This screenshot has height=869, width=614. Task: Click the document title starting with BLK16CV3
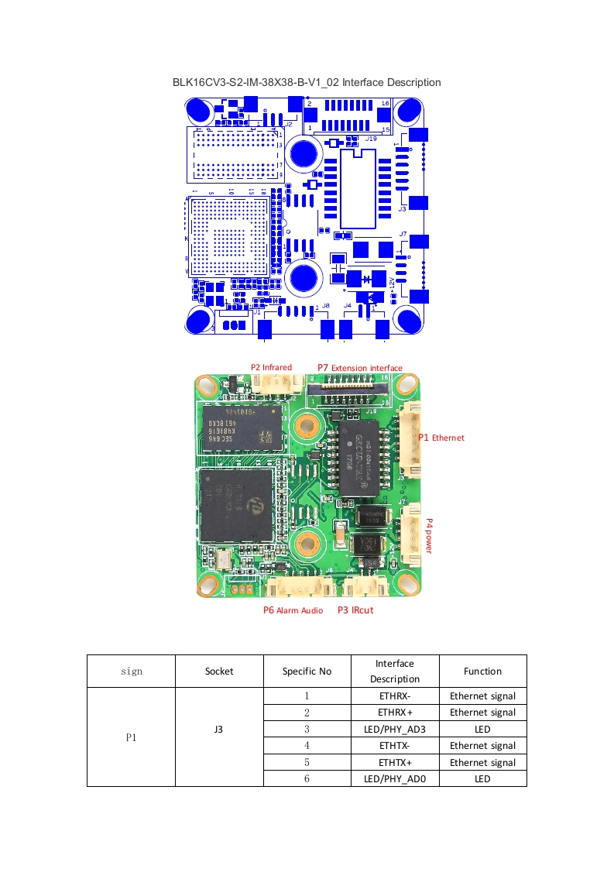coord(307,82)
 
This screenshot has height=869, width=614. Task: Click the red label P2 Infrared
coord(271,367)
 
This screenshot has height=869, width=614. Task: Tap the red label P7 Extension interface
coord(360,367)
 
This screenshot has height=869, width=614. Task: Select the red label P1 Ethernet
coord(441,438)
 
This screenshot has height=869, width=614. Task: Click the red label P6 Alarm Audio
coord(293,610)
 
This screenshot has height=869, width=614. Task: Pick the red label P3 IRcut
coord(355,610)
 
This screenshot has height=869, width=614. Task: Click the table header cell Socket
coord(219,671)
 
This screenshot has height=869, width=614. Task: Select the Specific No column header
coord(307,671)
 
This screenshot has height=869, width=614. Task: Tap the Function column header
coord(482,671)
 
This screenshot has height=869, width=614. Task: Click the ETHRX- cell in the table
coord(395,696)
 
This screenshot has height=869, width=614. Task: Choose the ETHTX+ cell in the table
coord(395,762)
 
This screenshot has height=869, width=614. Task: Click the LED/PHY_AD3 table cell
coord(395,729)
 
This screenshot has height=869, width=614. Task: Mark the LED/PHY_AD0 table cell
coord(395,778)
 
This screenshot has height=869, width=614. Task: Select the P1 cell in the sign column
coord(131,737)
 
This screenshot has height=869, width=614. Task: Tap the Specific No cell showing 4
coord(307,746)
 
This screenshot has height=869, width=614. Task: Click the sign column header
coord(131,671)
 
